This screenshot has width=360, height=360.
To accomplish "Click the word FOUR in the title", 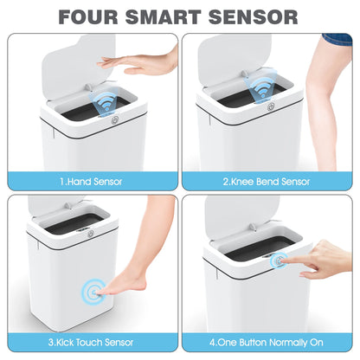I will tap(92, 17).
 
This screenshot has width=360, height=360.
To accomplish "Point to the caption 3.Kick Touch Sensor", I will tap(90, 340).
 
